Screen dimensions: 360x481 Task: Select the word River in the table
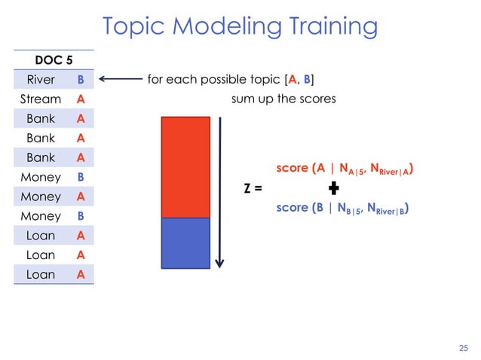(x=40, y=79)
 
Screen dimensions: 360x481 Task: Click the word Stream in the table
(x=40, y=99)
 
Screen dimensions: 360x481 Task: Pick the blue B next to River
(x=80, y=79)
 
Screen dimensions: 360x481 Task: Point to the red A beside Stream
(x=80, y=99)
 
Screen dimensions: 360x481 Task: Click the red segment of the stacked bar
(x=185, y=166)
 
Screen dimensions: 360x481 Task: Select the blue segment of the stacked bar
(x=185, y=242)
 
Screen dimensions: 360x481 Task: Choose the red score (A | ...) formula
(x=346, y=169)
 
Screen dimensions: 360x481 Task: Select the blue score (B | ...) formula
(x=346, y=208)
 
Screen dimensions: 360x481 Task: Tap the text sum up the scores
(x=283, y=99)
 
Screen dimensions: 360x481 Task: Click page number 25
(x=463, y=347)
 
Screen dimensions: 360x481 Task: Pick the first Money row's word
(x=40, y=177)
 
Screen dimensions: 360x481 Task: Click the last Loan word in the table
(x=40, y=275)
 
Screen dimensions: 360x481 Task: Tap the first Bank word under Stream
(x=40, y=118)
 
